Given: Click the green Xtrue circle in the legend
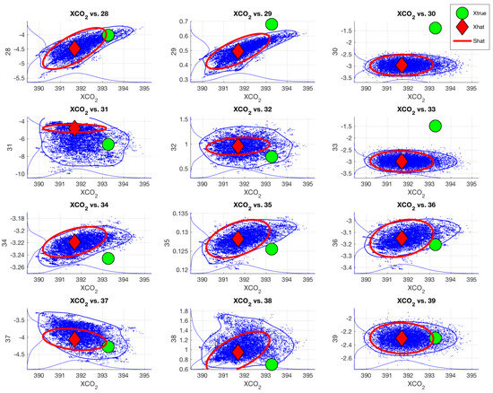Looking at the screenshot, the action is coord(463,13).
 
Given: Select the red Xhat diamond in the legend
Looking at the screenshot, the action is coord(463,28).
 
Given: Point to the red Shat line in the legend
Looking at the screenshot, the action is coord(463,41).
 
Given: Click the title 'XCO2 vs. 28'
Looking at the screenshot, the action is coord(89,14).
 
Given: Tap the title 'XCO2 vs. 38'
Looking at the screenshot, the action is coord(253,301).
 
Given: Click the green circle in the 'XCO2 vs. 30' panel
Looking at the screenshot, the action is coord(435,28).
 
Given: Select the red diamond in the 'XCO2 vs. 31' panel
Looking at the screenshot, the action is coord(74,128).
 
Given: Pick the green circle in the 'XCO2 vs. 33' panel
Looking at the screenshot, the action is coord(435,126).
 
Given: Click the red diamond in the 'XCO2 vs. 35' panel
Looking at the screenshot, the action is coord(238,239).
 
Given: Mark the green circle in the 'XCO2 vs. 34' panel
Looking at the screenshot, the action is coord(108,258).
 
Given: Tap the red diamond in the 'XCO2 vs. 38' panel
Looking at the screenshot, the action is coord(238,352).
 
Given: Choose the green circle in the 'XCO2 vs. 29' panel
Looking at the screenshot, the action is coord(272,24).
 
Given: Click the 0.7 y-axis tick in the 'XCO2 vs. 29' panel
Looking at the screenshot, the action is coord(184,22).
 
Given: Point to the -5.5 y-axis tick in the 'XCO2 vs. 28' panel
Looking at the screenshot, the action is coord(19,78).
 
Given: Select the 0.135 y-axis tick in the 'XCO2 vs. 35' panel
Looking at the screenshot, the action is coord(180,214).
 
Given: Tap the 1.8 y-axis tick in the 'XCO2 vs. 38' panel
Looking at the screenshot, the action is coord(184,311).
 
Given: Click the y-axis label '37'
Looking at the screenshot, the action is coord(8,338).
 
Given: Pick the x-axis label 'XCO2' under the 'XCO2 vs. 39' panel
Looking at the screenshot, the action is coord(416,384).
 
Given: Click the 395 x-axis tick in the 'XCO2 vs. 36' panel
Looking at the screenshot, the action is coord(471,279).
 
